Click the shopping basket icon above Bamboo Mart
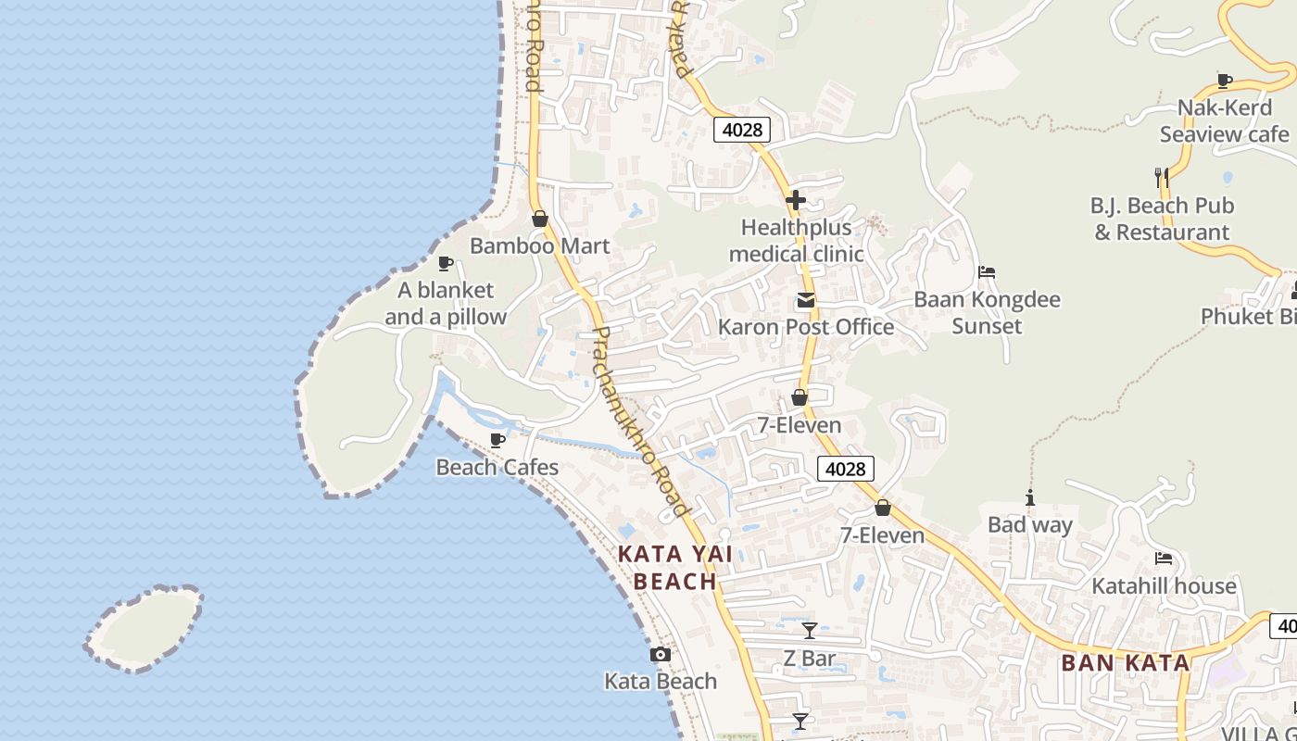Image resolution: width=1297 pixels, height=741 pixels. point(540,219)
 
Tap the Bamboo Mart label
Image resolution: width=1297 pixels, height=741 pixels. point(539,245)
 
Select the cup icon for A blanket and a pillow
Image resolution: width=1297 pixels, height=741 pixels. point(446,263)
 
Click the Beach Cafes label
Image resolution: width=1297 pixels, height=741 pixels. point(497,467)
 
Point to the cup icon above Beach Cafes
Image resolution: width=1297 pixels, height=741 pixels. point(497,440)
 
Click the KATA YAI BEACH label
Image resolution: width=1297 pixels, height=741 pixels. point(674,568)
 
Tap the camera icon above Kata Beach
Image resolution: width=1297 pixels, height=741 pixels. point(660,655)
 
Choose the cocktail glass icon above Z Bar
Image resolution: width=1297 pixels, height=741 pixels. point(810,631)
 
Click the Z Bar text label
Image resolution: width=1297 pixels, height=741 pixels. point(810,659)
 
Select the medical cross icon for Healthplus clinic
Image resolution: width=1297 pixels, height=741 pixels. point(796,199)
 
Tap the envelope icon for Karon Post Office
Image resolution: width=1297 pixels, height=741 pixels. point(805,300)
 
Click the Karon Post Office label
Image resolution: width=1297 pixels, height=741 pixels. point(806,327)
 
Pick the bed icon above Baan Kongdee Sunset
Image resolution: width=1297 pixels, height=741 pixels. point(987,272)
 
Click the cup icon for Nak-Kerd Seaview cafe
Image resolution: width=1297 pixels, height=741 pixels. point(1225,81)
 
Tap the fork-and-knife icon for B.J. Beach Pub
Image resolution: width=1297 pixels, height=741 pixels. point(1161,176)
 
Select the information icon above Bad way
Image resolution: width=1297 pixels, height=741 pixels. point(1029,497)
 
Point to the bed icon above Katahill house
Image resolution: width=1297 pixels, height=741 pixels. point(1164,559)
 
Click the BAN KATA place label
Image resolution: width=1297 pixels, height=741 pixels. point(1125,662)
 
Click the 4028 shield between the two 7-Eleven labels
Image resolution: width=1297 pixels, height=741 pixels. point(846,469)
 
